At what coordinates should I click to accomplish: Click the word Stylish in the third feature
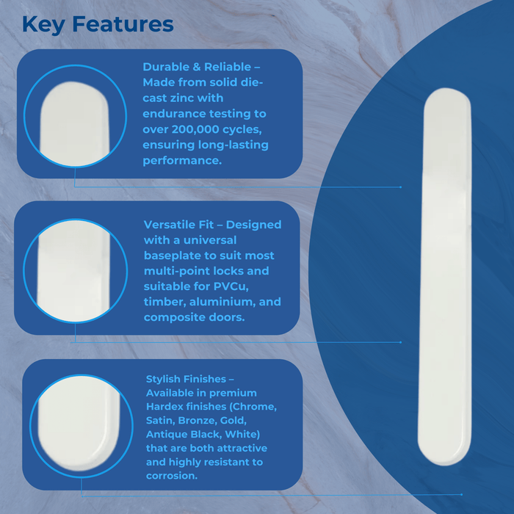click(166, 379)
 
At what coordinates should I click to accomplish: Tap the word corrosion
click(171, 475)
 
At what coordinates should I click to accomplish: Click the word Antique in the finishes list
click(166, 434)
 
